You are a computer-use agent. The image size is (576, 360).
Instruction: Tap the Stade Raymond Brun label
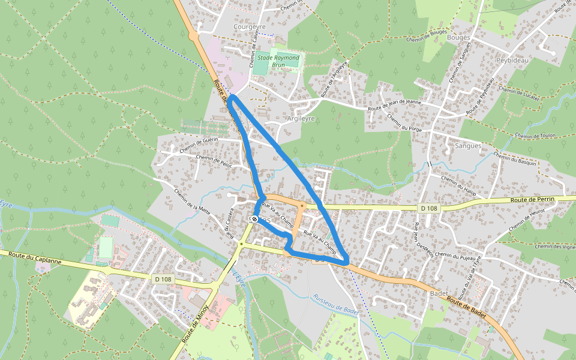pyautogui.click(x=278, y=61)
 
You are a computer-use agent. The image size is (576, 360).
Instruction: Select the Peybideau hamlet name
pyautogui.click(x=512, y=61)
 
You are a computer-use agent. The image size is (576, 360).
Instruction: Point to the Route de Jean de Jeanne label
pyautogui.click(x=395, y=105)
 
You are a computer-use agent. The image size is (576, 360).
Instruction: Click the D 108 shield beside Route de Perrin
pyautogui.click(x=428, y=208)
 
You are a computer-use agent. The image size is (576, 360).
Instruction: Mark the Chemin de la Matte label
pyautogui.click(x=192, y=201)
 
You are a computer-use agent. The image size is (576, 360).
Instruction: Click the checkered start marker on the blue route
pyautogui.click(x=255, y=219)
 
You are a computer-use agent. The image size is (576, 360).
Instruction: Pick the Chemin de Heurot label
pyautogui.click(x=526, y=220)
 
